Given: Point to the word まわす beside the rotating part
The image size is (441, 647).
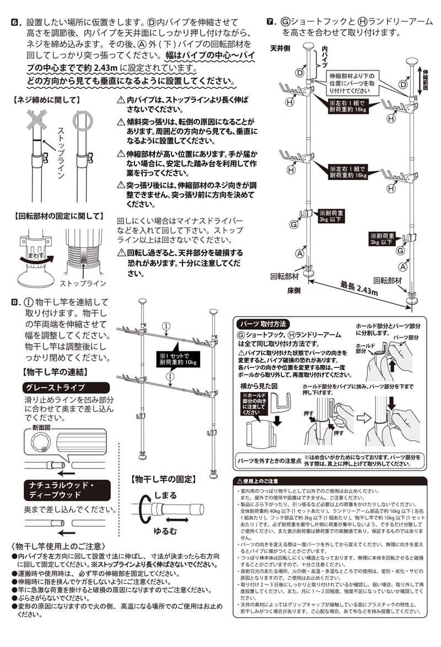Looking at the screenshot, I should (x=34, y=255).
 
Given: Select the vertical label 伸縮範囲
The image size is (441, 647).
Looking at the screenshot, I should (x=426, y=79).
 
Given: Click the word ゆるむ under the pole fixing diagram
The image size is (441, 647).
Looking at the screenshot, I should (x=165, y=532).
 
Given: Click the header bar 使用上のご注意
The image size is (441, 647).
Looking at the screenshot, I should (x=265, y=481).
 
